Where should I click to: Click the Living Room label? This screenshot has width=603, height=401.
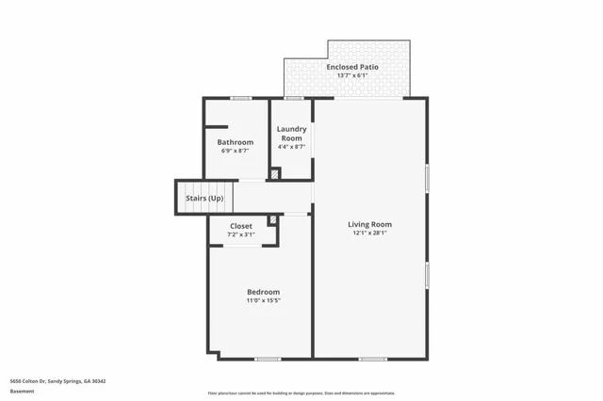click(x=369, y=224)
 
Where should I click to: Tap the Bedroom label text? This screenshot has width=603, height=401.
click(x=263, y=292)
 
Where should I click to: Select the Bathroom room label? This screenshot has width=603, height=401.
click(x=236, y=142)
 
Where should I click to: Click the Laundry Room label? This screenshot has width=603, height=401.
click(x=290, y=134)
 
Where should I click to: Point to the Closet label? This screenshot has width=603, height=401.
click(x=241, y=226)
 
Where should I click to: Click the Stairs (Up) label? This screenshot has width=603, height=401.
click(x=204, y=199)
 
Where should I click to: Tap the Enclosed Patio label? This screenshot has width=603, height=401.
click(x=348, y=68)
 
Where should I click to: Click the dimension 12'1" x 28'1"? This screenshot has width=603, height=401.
click(x=369, y=233)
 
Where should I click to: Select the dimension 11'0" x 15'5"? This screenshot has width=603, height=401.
click(x=263, y=300)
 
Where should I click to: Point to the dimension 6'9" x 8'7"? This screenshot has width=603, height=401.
click(x=236, y=151)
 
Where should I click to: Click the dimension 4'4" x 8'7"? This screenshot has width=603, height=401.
click(x=290, y=146)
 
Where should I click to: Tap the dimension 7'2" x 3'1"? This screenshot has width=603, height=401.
click(x=241, y=234)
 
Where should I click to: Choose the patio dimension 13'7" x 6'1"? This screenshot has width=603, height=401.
click(x=348, y=76)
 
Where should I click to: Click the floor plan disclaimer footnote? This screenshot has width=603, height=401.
click(x=301, y=393)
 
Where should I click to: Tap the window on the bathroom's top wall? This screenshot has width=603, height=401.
click(x=241, y=98)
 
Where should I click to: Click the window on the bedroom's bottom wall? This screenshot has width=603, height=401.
click(x=269, y=359)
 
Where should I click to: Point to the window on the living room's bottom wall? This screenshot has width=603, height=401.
click(x=373, y=359)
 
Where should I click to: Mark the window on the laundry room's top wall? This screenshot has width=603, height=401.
click(x=294, y=98)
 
